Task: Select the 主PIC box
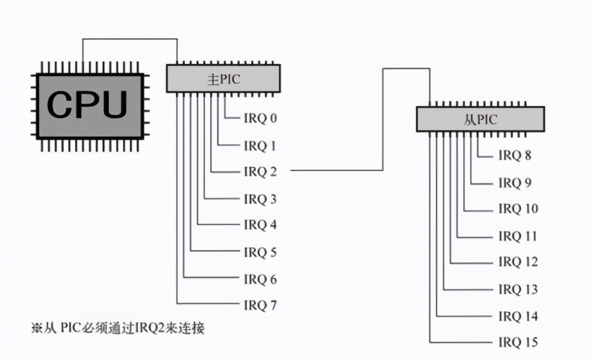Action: click(223, 78)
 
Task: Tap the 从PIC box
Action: click(481, 119)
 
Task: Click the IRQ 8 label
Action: click(515, 156)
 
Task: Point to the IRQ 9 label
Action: click(515, 183)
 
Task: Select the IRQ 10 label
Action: click(518, 209)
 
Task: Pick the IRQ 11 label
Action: click(518, 236)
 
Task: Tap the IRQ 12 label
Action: click(518, 262)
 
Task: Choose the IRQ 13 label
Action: click(518, 289)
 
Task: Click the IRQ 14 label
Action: click(518, 316)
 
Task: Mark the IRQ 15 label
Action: click(518, 343)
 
